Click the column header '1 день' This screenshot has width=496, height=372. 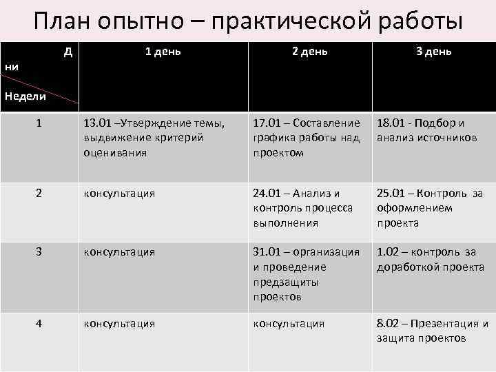coord(163,52)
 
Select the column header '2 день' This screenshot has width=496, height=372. coord(309,52)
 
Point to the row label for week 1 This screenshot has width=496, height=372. coord(40,123)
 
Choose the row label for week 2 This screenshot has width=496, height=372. coord(40,194)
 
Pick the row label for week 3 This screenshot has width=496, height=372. coord(40,252)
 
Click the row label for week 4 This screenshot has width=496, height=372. coord(40,323)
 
